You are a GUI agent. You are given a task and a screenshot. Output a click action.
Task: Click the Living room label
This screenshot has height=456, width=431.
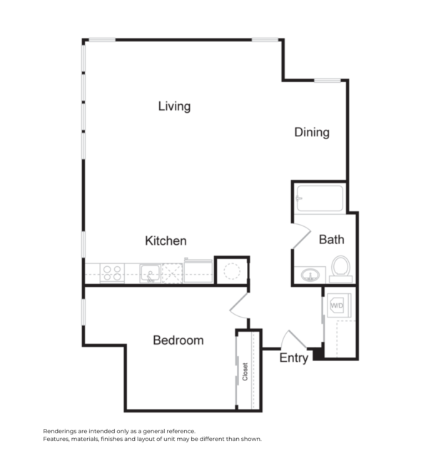point(174,106)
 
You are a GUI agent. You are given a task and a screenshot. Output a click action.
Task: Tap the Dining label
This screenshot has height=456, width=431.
point(312,132)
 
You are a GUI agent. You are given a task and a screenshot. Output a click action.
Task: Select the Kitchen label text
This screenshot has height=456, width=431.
point(166,240)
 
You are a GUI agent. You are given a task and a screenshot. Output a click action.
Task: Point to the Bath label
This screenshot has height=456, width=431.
point(331,239)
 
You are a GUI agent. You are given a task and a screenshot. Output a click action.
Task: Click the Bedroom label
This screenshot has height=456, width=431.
point(178,340)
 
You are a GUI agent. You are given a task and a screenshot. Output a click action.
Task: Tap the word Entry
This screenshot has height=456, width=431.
point(293,358)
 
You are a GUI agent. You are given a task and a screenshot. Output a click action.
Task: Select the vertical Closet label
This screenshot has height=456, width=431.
point(245,370)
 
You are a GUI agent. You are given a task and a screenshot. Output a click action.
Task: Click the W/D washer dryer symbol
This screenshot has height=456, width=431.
point(336,305)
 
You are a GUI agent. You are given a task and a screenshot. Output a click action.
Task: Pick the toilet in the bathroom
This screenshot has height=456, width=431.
point(340,267)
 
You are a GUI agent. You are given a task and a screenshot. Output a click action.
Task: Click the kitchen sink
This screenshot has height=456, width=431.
point(150,272)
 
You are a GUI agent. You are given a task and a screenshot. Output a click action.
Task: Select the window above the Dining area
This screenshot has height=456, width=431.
point(327,81)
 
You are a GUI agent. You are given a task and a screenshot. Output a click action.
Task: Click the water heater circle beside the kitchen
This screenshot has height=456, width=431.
point(231,270)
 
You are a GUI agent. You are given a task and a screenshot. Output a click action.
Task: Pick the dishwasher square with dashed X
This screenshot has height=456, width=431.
point(172,272)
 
